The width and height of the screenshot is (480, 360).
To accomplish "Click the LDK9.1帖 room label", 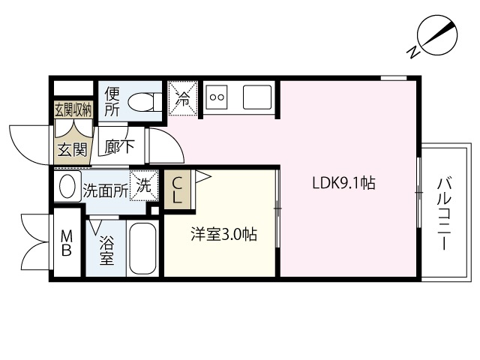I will click(343, 183).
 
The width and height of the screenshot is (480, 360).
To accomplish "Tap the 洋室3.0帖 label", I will click(223, 235).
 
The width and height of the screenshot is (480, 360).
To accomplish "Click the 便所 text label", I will click(112, 101).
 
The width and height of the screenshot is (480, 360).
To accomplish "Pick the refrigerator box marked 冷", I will click(183, 98).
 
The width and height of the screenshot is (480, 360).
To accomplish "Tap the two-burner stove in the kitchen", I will click(218, 97).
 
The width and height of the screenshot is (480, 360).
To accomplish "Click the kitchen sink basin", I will click(256, 96).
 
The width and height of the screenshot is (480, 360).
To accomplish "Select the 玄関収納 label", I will click(73, 109).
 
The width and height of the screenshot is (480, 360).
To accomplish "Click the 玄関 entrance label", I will click(73, 148).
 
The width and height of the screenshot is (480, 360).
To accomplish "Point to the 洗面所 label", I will click(105, 190).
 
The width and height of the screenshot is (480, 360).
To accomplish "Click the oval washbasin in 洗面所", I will click(68, 187).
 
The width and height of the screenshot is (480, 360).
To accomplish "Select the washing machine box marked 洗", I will click(143, 187).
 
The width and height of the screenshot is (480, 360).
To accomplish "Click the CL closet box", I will click(178, 190).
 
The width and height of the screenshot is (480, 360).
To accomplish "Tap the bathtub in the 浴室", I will click(143, 248).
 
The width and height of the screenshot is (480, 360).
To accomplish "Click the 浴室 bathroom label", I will click(106, 250).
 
